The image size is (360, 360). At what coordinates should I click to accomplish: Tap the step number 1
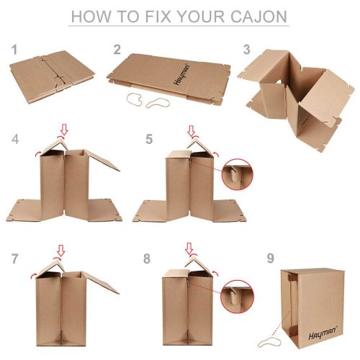click(x=12, y=49)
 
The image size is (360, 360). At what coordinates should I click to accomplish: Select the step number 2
click(x=117, y=49)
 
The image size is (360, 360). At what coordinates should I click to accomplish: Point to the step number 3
click(x=246, y=49)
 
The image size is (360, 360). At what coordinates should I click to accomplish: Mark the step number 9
click(x=269, y=258)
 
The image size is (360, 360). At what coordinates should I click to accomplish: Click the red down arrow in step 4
click(x=64, y=130)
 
